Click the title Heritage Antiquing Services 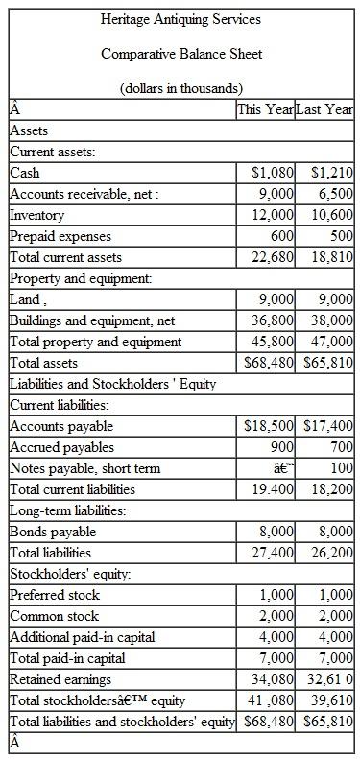pyautogui.click(x=180, y=19)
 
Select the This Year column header pyautogui.click(x=266, y=109)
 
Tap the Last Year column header pyautogui.click(x=325, y=109)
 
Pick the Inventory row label pyautogui.click(x=37, y=216)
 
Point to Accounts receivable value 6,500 pyautogui.click(x=334, y=195)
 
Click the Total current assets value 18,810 pyautogui.click(x=329, y=258)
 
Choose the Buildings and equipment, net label pyautogui.click(x=92, y=321)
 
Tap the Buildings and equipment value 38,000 pyautogui.click(x=329, y=321)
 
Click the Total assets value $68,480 pyautogui.click(x=270, y=364)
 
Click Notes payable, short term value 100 pyautogui.click(x=341, y=469)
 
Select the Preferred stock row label pyautogui.click(x=55, y=596)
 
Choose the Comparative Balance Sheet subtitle pyautogui.click(x=180, y=54)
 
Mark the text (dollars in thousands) pyautogui.click(x=180, y=88)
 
